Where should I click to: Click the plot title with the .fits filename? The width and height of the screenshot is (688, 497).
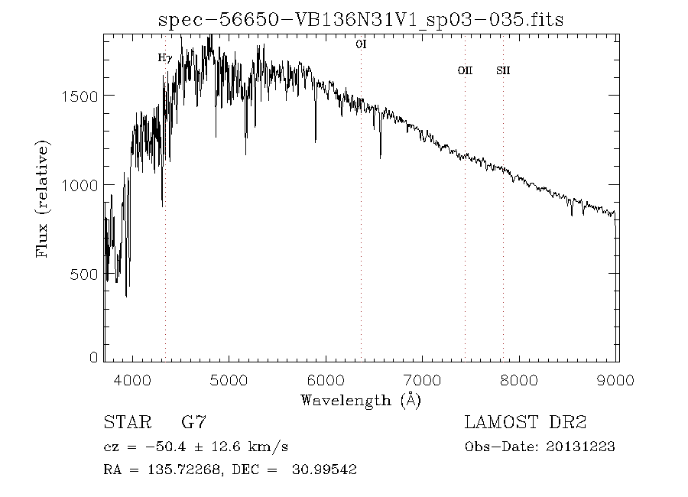click(x=361, y=21)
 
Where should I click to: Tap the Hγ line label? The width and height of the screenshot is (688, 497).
click(x=164, y=57)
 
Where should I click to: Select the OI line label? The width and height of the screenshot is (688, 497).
click(x=362, y=45)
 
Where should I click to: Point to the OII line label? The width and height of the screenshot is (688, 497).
click(x=465, y=70)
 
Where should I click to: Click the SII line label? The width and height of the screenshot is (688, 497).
click(x=503, y=70)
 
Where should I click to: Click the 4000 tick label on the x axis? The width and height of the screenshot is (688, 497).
click(x=132, y=380)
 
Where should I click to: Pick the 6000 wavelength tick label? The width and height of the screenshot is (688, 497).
click(x=326, y=380)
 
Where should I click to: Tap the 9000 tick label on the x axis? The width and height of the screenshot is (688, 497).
click(x=617, y=380)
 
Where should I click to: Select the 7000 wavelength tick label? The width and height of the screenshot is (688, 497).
click(x=424, y=380)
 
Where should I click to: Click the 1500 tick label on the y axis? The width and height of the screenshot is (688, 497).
click(x=79, y=96)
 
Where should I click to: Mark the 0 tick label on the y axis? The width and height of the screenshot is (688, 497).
click(x=93, y=357)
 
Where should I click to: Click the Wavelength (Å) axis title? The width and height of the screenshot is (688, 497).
click(x=361, y=399)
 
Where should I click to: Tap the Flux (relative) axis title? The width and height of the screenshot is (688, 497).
click(x=44, y=198)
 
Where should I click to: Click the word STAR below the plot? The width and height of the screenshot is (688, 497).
click(x=125, y=421)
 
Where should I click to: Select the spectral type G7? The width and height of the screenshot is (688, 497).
click(x=193, y=421)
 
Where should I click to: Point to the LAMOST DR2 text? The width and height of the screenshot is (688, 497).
click(x=525, y=421)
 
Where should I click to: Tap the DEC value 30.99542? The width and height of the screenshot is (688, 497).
click(x=324, y=470)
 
